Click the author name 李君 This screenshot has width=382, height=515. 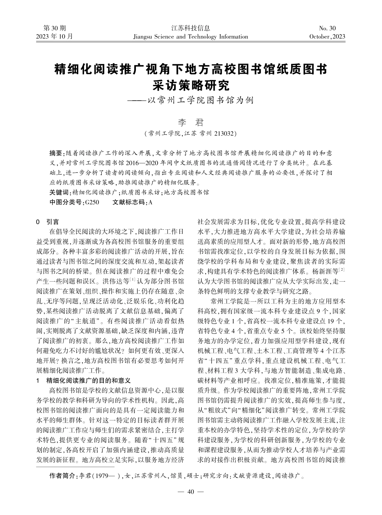click(x=191, y=122)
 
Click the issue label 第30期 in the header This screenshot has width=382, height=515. click(x=54, y=28)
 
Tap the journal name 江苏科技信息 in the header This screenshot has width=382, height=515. click(x=191, y=28)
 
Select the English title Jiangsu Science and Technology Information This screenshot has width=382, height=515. click(x=191, y=37)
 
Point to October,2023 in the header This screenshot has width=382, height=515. click(x=327, y=37)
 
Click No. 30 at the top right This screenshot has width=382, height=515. click(x=327, y=28)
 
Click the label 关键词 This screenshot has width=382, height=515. click(x=58, y=192)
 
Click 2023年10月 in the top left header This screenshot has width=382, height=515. click(x=54, y=37)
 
